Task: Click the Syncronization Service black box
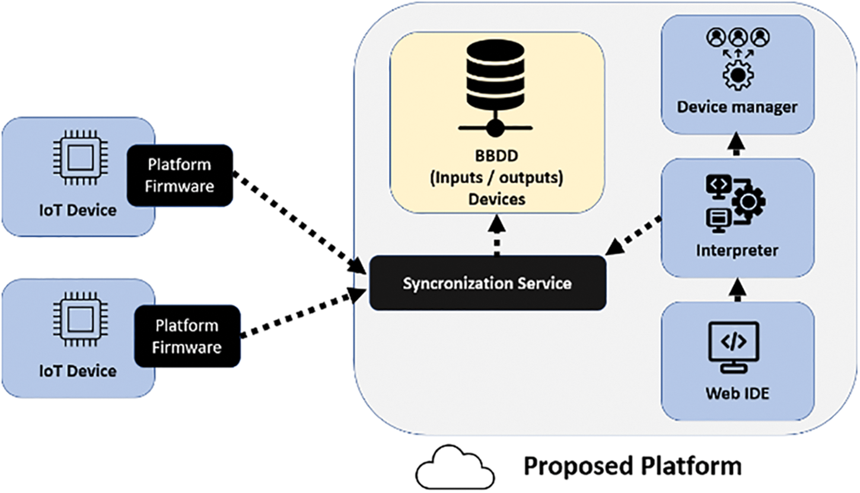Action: click(x=488, y=283)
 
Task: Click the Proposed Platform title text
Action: click(x=632, y=466)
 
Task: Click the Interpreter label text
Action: click(x=737, y=250)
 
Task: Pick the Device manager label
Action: click(x=737, y=107)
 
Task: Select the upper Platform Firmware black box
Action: click(x=180, y=176)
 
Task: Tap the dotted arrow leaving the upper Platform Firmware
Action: click(x=297, y=222)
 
